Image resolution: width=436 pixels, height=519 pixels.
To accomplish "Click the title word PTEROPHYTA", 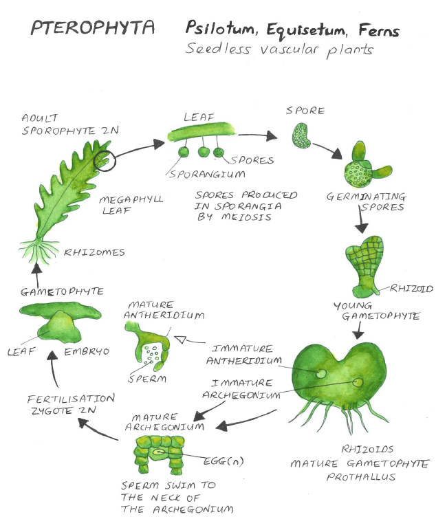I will pos(93,29).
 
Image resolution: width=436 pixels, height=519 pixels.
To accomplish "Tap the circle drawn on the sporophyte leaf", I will pos(105,159).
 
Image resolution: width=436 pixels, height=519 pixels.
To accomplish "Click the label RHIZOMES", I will pos(95,252).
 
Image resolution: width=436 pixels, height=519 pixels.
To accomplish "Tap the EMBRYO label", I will pos(87,351).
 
